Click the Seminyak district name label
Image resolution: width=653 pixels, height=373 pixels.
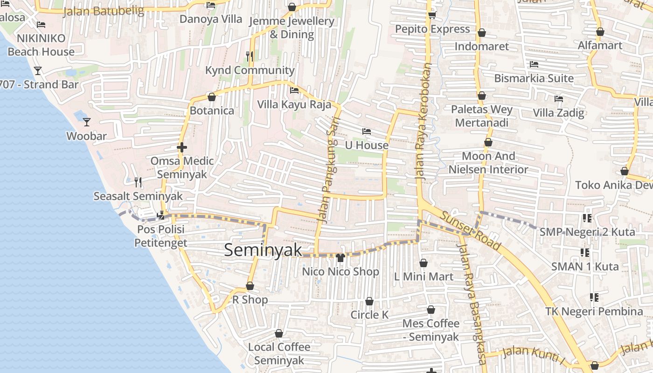point(263,250)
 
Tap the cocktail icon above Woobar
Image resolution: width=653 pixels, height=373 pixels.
point(87,122)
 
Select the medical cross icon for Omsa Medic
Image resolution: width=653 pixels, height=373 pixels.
point(182,148)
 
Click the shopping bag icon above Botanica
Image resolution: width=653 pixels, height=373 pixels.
point(212,97)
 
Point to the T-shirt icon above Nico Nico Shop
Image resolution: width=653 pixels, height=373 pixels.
point(340,257)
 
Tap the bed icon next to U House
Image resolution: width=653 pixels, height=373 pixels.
point(367,131)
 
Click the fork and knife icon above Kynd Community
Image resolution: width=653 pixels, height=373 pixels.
point(250,56)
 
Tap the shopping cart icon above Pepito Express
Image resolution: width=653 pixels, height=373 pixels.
point(432,15)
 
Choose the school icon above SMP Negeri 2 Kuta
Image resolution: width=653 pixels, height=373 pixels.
point(587,218)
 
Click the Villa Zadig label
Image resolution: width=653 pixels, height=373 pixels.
point(558,113)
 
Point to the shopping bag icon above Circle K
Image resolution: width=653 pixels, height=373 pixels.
point(369,302)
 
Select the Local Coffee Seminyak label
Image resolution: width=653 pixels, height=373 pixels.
point(279,353)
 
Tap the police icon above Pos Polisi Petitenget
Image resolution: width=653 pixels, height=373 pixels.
point(161,215)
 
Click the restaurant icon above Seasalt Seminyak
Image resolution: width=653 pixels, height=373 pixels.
point(138,182)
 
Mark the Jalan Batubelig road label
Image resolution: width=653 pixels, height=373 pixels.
point(104,11)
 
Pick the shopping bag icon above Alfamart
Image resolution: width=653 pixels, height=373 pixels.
point(600,32)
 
